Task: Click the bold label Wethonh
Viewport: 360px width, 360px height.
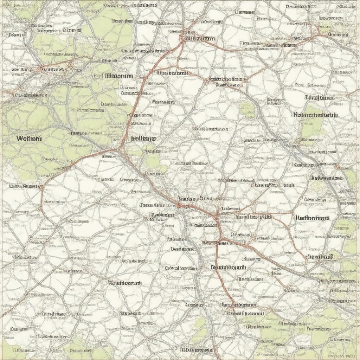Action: [x=29, y=139]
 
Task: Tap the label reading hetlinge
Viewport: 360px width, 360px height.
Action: [x=143, y=139]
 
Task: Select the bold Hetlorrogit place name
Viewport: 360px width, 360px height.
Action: [x=312, y=218]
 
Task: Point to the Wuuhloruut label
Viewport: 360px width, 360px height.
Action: [x=125, y=283]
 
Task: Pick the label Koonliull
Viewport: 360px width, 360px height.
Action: [x=320, y=257]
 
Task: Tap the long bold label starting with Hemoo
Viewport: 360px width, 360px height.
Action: [x=315, y=115]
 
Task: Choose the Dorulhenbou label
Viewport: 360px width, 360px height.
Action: [x=320, y=98]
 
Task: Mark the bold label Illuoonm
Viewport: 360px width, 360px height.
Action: [x=114, y=76]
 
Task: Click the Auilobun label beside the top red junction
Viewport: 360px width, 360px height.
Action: [x=200, y=39]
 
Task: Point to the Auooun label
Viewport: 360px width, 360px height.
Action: [x=339, y=35]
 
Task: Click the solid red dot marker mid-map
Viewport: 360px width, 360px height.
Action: [x=179, y=205]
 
